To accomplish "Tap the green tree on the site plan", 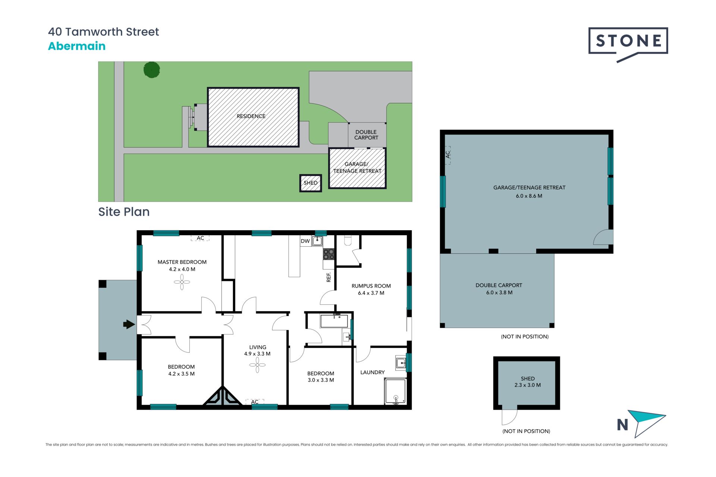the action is coord(152,70).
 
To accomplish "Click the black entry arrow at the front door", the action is coord(129,325).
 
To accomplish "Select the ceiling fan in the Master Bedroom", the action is coord(182,282).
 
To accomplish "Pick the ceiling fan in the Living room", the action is coord(257,365).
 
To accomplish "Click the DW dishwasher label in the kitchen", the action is coord(305,241).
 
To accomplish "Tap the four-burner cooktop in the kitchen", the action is coord(329,254).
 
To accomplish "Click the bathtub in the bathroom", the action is coord(334,321).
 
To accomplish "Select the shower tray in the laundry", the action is coord(395,391).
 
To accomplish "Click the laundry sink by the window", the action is coord(401,362).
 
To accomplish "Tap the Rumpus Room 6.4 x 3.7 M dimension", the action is coord(371,293).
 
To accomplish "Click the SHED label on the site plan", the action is coord(311,183).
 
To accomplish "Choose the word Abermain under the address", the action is coord(77,46).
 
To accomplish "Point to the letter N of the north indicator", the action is coord(622,425).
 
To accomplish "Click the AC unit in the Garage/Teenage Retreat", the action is coord(448,155).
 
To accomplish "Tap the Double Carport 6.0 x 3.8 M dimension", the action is coord(499,293).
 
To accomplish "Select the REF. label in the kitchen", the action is coord(329,277).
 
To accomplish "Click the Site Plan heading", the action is coord(124,212).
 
